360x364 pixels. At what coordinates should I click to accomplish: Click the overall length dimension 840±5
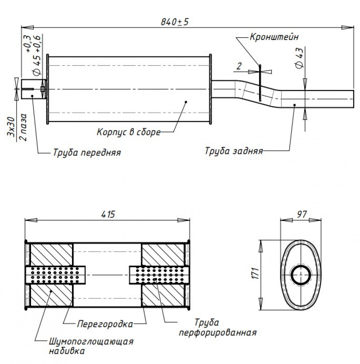pyautogui.click(x=175, y=22)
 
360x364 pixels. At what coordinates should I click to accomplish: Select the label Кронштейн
pyautogui.click(x=274, y=37)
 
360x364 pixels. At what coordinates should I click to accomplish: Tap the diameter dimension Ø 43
pyautogui.click(x=300, y=58)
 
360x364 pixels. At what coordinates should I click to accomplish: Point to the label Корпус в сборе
pyautogui.click(x=128, y=132)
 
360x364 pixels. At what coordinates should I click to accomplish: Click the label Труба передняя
pyautogui.click(x=87, y=153)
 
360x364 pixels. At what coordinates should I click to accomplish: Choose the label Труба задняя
pyautogui.click(x=234, y=151)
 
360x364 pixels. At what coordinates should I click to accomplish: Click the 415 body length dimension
pyautogui.click(x=108, y=214)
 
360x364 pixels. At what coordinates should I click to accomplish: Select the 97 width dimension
pyautogui.click(x=301, y=214)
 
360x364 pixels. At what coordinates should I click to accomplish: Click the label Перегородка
pyautogui.click(x=105, y=324)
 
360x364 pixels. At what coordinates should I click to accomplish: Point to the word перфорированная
pyautogui.click(x=218, y=333)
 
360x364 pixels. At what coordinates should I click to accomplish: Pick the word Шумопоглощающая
pyautogui.click(x=91, y=342)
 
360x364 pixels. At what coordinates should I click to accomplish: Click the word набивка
pyautogui.click(x=67, y=351)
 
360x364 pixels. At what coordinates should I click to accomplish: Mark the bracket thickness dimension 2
pyautogui.click(x=239, y=66)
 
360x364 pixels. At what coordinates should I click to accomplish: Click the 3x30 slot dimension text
pyautogui.click(x=11, y=127)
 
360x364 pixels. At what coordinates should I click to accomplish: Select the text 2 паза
pyautogui.click(x=23, y=127)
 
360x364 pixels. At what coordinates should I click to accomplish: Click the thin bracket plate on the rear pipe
pyautogui.click(x=260, y=83)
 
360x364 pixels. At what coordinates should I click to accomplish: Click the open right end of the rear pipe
pyautogui.click(x=353, y=99)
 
